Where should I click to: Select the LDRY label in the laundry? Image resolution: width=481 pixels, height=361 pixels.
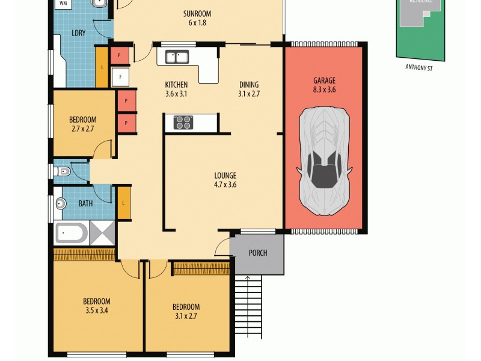(78, 32)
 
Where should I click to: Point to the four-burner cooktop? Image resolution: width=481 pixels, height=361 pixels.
(183, 122)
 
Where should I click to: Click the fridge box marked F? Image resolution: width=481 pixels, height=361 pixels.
(120, 77)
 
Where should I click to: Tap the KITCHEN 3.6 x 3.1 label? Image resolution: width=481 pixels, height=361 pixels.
(176, 89)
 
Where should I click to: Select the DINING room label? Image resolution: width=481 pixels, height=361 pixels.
(248, 89)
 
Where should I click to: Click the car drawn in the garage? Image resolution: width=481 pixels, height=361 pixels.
(325, 161)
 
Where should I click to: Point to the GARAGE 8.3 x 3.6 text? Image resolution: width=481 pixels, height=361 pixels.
(323, 85)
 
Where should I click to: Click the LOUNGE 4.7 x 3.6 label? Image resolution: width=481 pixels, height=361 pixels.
(225, 180)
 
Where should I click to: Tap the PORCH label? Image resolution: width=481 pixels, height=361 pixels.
(257, 253)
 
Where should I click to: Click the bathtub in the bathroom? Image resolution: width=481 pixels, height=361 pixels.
(72, 232)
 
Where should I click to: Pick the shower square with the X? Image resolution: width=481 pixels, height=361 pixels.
(102, 232)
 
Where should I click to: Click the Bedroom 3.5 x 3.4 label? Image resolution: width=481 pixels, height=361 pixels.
(96, 306)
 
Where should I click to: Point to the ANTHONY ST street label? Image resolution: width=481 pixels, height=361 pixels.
(420, 68)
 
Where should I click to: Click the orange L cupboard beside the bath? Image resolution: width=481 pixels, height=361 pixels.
(124, 203)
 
